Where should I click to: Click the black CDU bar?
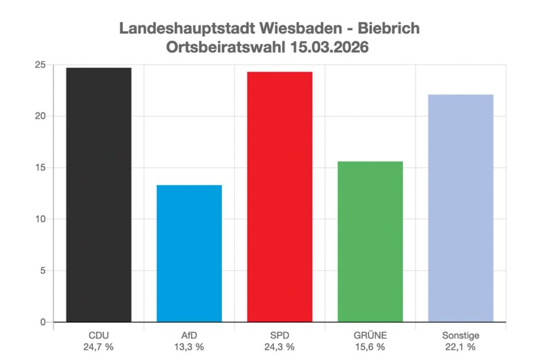coord(99,195)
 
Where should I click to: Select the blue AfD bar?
coord(189,253)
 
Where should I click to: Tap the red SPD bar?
coord(279,196)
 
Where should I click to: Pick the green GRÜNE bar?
coord(370,242)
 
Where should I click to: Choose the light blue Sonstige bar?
coord(461,208)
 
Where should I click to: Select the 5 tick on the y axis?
coord(43,271)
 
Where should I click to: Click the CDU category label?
coord(99,335)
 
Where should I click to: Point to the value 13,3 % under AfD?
coord(189,347)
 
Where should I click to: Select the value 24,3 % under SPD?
coord(279,347)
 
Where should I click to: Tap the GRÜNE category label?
coord(370,335)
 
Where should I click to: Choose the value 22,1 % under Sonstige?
coord(461,347)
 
